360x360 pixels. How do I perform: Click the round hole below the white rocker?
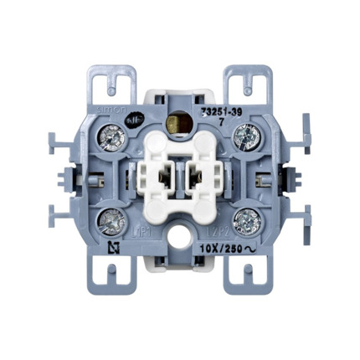point(179,249)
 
